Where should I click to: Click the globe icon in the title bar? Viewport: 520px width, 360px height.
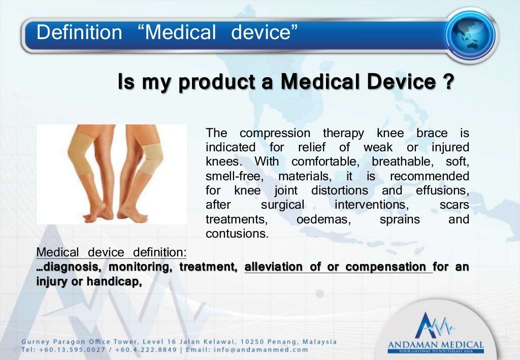(471, 34)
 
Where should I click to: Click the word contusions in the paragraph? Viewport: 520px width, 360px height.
(236, 234)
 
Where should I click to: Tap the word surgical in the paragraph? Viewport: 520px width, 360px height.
(282, 206)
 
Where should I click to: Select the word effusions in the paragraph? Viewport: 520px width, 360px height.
(442, 191)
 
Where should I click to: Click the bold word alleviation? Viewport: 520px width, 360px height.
(274, 267)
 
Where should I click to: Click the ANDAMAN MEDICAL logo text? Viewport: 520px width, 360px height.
(436, 345)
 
